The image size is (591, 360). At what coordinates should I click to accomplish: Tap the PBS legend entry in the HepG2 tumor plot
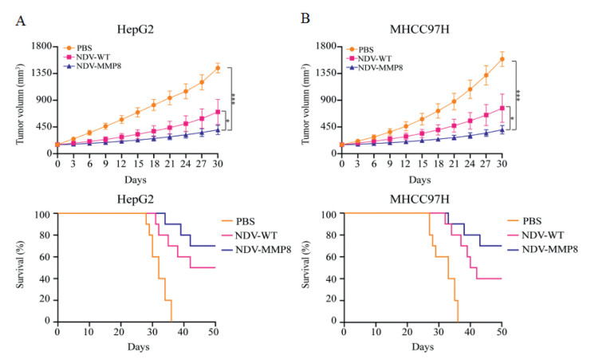pyautogui.click(x=85, y=48)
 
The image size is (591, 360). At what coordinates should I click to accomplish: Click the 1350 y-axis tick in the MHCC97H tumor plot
pyautogui.click(x=327, y=73)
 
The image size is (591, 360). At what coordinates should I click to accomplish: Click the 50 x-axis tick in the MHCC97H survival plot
pyautogui.click(x=501, y=329)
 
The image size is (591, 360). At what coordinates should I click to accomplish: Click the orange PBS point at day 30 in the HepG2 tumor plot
pyautogui.click(x=217, y=68)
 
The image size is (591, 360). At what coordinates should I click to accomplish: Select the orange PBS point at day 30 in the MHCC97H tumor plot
pyautogui.click(x=502, y=58)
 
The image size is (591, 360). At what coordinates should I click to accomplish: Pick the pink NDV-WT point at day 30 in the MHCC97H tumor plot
pyautogui.click(x=502, y=108)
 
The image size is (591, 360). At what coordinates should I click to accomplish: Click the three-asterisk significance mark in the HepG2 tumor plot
pyautogui.click(x=234, y=98)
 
